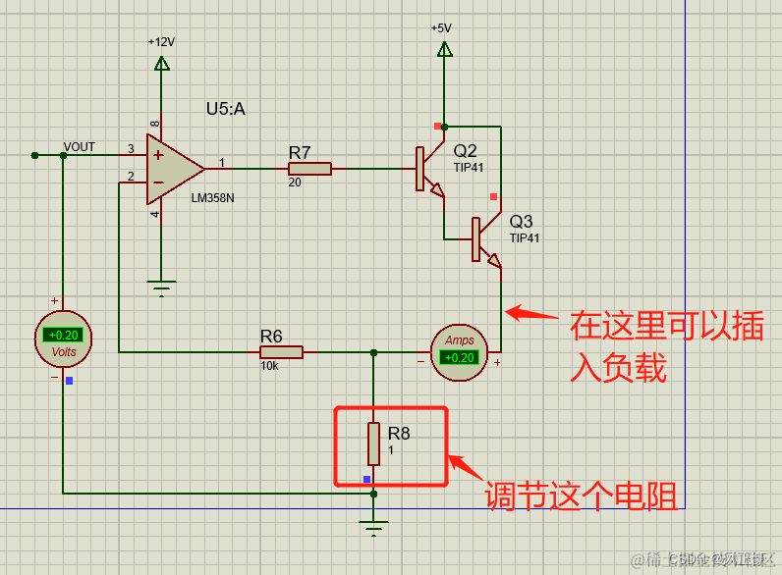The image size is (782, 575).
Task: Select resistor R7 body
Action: click(309, 169)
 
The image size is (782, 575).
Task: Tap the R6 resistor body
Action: click(281, 351)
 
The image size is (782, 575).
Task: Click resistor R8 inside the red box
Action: click(373, 444)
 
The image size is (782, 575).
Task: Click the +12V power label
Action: click(161, 42)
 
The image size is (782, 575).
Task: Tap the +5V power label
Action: click(441, 28)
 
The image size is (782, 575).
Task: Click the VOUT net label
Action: click(80, 147)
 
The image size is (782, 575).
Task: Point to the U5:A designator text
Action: click(225, 109)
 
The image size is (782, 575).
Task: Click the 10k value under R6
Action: click(269, 366)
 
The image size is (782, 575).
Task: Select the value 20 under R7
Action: click(295, 183)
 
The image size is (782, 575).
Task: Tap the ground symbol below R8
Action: click(373, 531)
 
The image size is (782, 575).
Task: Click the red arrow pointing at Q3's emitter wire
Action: click(533, 315)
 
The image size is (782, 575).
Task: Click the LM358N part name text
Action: click(212, 197)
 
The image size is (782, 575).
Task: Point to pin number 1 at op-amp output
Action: click(221, 162)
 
